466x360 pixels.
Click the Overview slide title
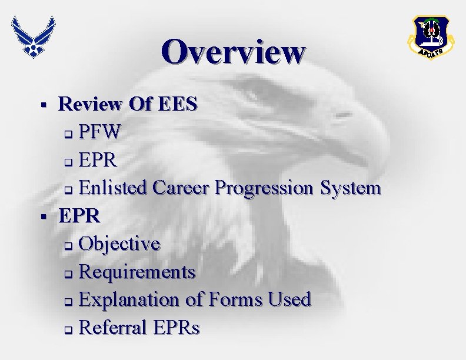(234, 51)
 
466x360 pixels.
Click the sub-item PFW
(100, 132)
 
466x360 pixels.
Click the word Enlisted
(114, 188)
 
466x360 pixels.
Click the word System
(351, 188)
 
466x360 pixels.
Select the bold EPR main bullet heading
(79, 216)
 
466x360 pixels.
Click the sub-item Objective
(119, 244)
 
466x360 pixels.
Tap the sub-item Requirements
(137, 272)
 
